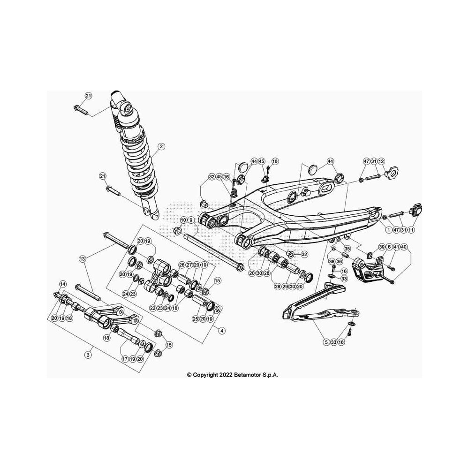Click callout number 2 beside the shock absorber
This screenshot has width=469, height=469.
[x=161, y=146]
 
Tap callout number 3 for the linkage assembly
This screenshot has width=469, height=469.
[x=88, y=355]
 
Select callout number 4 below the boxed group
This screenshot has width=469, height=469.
[x=221, y=331]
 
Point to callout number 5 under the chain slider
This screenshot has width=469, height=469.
[x=326, y=342]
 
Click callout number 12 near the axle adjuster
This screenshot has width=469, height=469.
[x=381, y=161]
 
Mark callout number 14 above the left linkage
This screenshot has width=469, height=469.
[x=62, y=284]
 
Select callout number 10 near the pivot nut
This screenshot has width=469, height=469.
[x=183, y=220]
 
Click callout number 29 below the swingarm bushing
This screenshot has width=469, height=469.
[x=285, y=287]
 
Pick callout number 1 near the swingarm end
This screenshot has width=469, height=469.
[x=388, y=230]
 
